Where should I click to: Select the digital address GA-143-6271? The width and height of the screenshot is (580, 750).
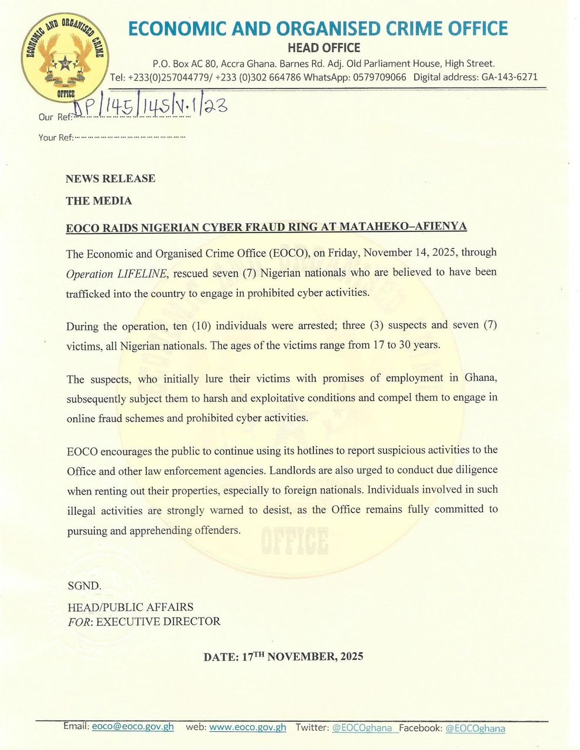509,77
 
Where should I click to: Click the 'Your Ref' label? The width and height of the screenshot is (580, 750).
56,138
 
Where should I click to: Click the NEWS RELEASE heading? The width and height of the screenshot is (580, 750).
110,179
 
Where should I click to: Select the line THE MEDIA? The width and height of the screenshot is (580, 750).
98,201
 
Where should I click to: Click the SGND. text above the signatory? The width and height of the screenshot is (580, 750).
84,585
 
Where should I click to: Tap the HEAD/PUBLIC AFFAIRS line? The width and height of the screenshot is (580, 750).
130,607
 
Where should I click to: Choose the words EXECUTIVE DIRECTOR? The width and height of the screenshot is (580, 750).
158,621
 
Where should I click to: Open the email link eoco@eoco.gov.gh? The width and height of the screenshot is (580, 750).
134,727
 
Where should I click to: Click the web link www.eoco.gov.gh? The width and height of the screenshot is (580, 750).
247,727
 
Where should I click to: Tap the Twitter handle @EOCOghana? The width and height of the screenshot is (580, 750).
361,728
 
